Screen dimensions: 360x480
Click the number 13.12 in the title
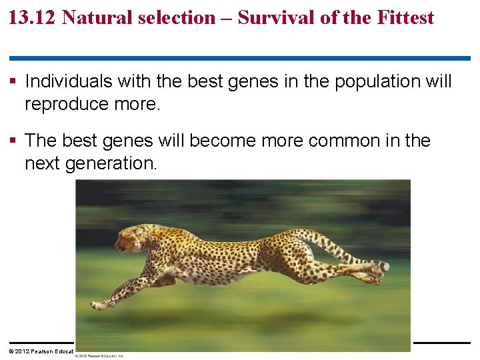coord(31,17)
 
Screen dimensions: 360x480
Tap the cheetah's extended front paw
coord(100,305)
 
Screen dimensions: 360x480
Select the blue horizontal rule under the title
coord(239,59)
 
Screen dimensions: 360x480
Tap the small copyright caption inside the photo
coord(100,356)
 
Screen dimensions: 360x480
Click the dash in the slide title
coord(227,18)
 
